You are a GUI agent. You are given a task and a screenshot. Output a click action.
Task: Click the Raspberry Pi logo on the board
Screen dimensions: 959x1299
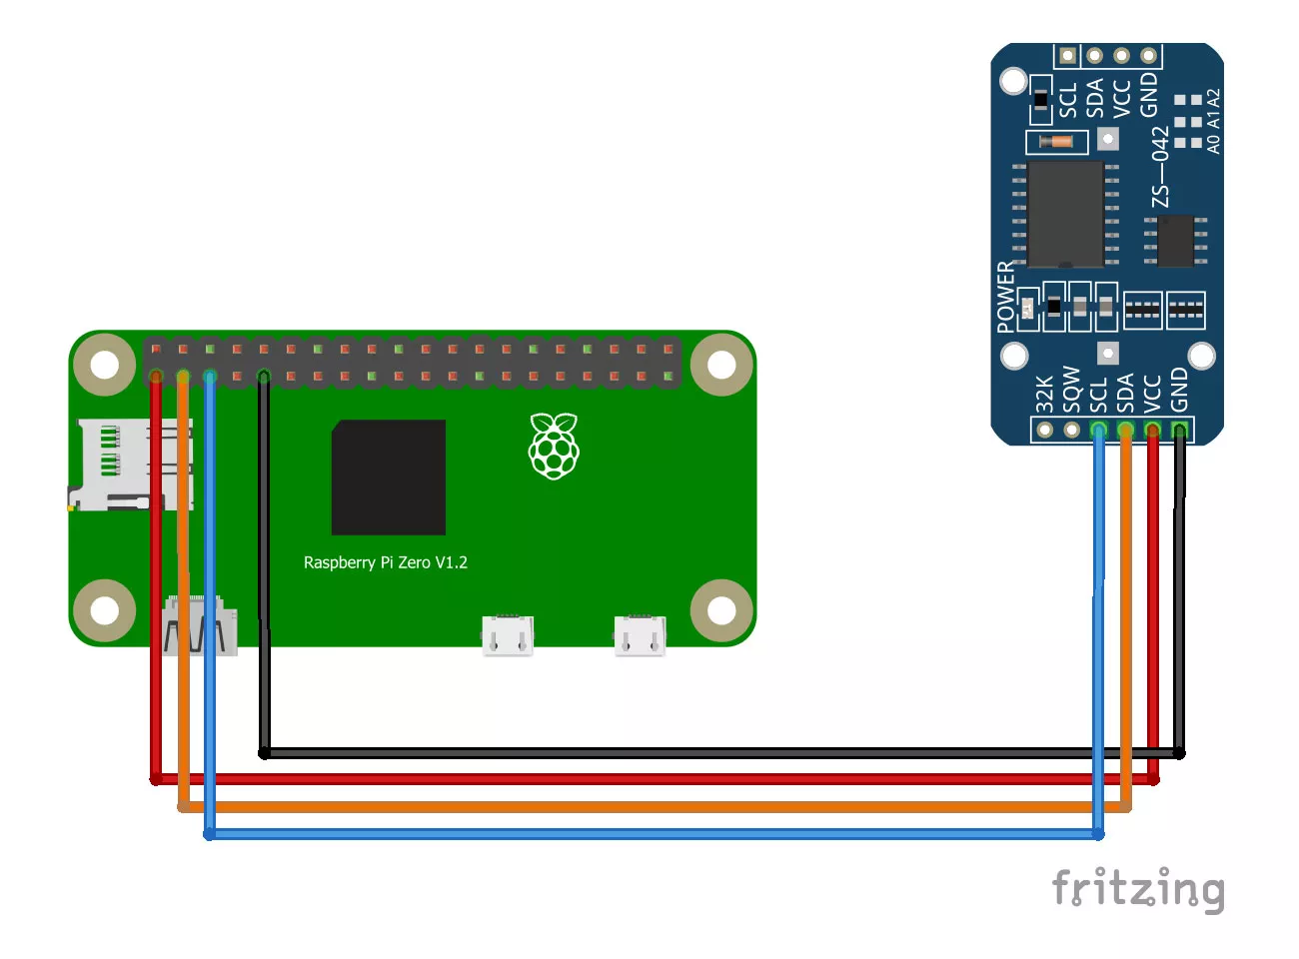point(554,446)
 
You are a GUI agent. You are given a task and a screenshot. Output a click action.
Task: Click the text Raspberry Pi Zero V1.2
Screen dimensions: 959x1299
point(386,562)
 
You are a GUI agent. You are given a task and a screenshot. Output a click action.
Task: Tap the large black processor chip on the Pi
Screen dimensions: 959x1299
point(389,478)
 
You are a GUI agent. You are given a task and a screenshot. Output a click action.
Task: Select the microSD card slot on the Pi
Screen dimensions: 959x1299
point(125,464)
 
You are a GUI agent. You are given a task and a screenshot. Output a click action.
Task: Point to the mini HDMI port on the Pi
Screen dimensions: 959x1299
point(199,625)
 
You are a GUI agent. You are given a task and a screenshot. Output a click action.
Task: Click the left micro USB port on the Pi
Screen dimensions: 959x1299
point(508,635)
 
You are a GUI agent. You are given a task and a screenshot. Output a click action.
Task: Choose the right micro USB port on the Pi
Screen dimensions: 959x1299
point(640,635)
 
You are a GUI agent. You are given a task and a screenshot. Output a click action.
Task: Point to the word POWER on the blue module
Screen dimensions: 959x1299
point(1005,297)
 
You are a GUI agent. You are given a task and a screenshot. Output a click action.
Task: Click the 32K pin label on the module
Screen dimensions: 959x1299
point(1044,394)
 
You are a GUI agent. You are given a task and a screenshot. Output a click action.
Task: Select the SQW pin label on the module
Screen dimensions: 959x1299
point(1071,389)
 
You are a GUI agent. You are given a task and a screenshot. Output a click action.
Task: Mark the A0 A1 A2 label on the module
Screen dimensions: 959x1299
point(1213,121)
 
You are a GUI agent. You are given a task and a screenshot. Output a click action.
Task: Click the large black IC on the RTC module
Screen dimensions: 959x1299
point(1065,214)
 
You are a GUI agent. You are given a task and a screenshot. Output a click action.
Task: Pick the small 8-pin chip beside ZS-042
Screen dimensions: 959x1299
point(1176,240)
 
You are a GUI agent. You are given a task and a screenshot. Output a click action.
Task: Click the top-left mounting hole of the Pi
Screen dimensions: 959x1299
point(105,364)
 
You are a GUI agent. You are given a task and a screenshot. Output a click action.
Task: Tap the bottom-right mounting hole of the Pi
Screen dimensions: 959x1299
point(721,610)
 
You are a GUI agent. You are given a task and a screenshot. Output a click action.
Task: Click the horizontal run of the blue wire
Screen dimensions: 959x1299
point(649,834)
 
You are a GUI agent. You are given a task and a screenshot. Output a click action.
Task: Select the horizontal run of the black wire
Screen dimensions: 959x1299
point(699,752)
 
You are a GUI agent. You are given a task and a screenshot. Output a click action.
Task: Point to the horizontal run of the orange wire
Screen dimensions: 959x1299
point(649,806)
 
